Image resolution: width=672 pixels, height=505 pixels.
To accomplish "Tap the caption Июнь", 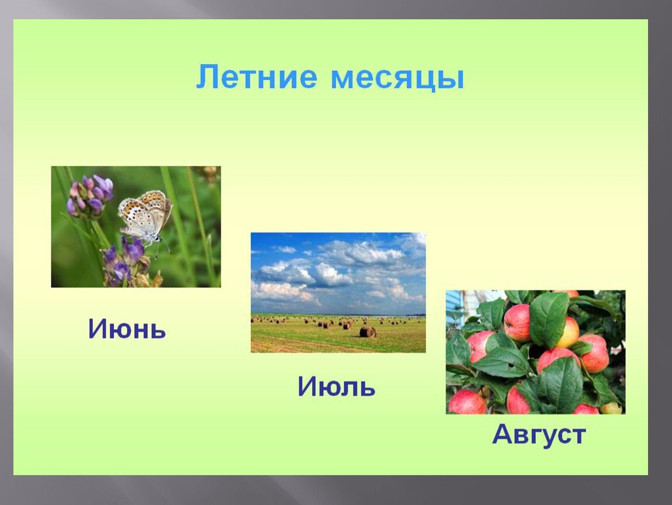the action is point(127,329).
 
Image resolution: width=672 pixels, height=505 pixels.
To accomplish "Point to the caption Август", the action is point(539,434).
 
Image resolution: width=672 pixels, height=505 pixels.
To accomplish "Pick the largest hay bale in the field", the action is point(368,332).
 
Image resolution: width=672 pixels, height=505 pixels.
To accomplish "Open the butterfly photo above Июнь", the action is point(136,227).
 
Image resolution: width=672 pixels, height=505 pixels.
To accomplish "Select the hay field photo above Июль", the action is point(338,293).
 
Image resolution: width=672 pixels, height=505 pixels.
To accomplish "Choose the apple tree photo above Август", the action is point(535,352).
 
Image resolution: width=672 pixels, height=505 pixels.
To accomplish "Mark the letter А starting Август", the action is point(503,434).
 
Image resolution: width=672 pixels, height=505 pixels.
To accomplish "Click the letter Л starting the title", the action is point(207,77).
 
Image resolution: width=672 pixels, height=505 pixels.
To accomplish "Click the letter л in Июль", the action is point(349,389).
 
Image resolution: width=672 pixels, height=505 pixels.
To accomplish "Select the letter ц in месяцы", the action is point(426,81).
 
